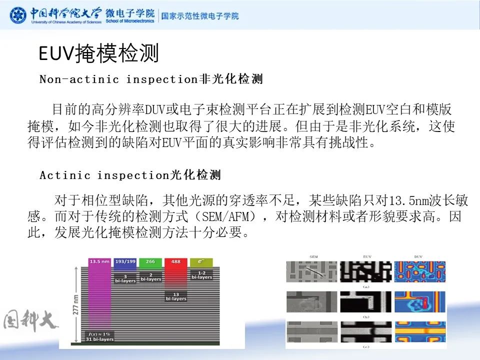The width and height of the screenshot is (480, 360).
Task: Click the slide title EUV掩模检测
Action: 99,53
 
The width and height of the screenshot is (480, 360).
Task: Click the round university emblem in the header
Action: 18,15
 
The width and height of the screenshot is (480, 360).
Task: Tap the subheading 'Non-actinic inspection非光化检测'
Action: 151,79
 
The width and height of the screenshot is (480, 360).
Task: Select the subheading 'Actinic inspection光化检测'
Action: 130,175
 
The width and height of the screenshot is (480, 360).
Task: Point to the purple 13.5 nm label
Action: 99,261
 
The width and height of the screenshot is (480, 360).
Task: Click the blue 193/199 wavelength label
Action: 125,261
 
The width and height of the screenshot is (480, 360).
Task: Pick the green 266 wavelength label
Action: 150,261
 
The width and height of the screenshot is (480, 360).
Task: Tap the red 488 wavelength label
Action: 175,261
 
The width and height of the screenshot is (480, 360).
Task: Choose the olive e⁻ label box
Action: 201,261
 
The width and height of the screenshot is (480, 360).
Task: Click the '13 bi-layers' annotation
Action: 175,296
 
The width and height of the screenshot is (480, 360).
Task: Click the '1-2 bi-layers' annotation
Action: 201,274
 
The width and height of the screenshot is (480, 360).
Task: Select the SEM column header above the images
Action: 313,256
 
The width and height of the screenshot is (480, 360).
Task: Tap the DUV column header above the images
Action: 419,256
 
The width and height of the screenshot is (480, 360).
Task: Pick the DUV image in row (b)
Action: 419,303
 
